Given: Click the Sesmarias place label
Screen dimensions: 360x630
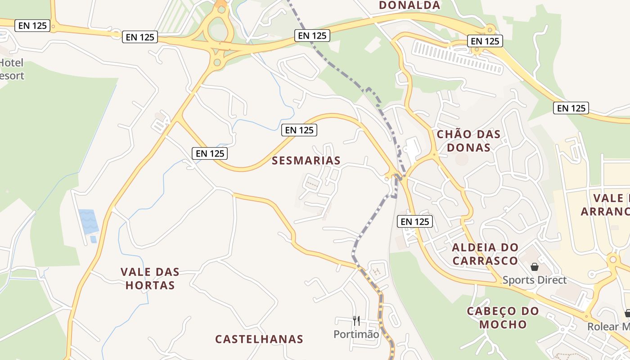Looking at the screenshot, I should click(306, 160).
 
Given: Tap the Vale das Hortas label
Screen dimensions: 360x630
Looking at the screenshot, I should click(150, 278).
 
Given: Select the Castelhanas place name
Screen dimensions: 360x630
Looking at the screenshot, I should click(259, 339).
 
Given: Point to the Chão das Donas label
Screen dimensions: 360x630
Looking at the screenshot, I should click(468, 140).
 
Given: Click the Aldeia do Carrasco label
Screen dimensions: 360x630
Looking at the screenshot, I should click(485, 254).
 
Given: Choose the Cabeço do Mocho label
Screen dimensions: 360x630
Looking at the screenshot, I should click(503, 318).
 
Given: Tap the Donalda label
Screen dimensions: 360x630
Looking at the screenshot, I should click(409, 5).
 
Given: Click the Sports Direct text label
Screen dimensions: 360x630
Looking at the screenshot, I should click(534, 280).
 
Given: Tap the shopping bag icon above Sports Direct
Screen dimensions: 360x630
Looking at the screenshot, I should click(534, 267).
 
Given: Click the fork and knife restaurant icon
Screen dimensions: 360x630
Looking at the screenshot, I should click(356, 320).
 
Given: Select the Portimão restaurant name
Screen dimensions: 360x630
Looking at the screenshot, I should click(356, 334).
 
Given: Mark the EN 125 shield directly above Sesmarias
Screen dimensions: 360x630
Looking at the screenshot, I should click(299, 130).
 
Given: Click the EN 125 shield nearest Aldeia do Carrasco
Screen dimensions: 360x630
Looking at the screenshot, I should click(415, 221).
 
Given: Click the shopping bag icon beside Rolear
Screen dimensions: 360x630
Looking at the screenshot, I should click(627, 313).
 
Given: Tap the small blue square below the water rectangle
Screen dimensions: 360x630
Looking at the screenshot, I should click(93, 239).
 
